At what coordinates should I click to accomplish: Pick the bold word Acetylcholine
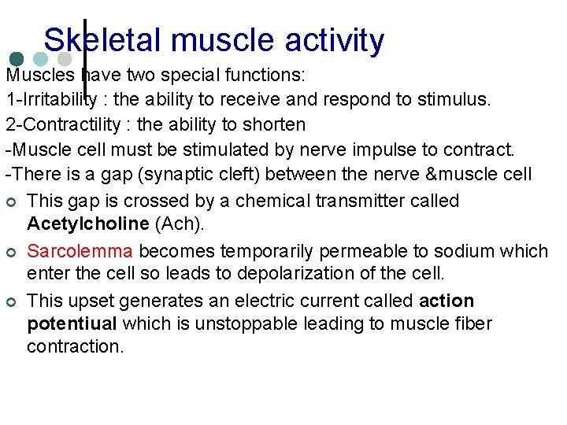tap(87, 224)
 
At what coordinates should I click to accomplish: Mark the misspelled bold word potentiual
tap(72, 323)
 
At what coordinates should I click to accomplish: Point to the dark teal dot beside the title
tap(16, 60)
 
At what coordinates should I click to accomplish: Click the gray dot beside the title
tap(65, 60)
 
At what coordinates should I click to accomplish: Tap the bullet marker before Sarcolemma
tap(11, 252)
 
